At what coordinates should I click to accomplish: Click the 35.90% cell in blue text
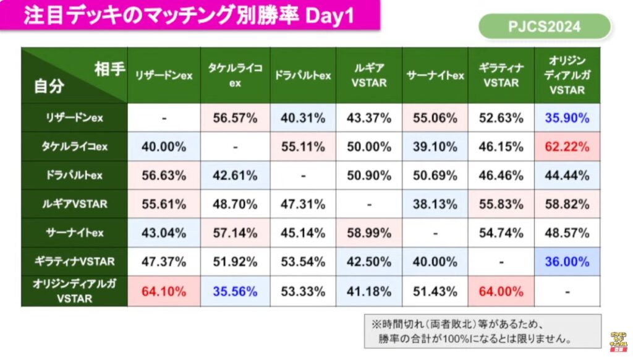point(567,118)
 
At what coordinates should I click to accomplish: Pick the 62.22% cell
point(567,147)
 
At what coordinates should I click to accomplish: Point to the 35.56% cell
point(235,291)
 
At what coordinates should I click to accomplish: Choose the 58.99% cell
point(368,233)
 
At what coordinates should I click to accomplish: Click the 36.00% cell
point(567,262)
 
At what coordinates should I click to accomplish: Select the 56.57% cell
point(235,118)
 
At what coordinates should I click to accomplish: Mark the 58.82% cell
point(567,204)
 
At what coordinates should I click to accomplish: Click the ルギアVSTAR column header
point(368,75)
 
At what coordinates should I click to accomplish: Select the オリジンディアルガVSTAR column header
point(567,75)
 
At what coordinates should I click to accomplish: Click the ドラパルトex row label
point(74,176)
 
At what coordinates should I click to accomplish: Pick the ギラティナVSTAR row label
point(74,262)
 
